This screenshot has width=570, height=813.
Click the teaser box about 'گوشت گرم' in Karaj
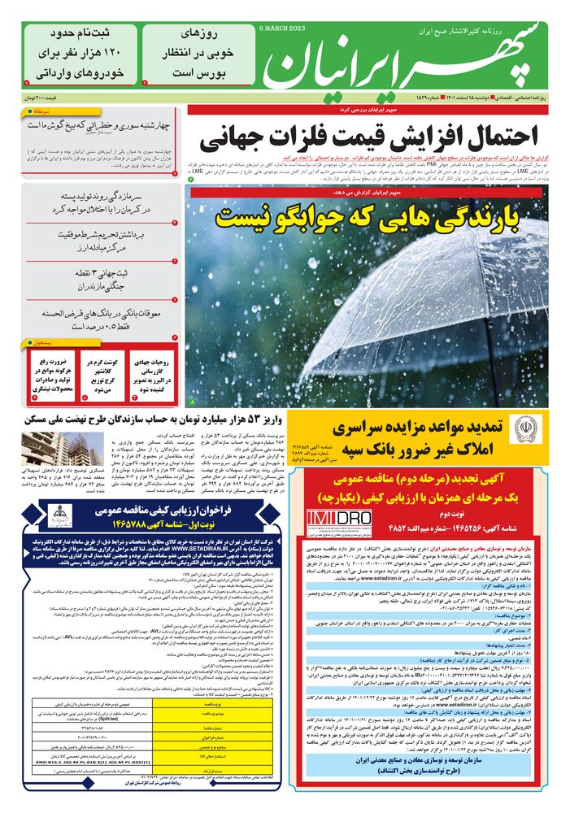(x=104, y=372)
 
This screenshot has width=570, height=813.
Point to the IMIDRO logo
(x=340, y=518)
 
